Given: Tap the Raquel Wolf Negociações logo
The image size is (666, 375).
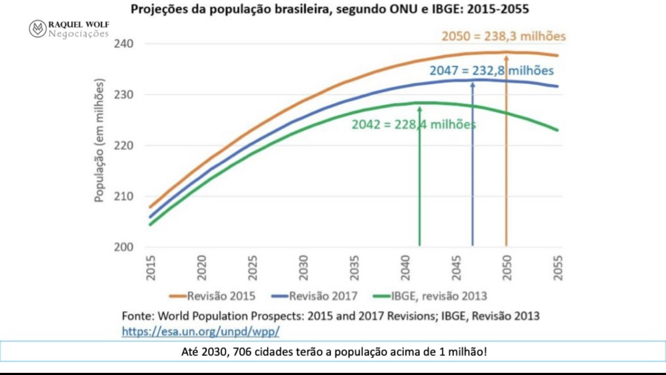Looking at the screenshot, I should pos(69,29).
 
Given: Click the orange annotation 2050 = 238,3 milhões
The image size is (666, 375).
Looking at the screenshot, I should pos(504,37).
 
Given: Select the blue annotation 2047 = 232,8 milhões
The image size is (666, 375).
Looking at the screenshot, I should pos(491,70).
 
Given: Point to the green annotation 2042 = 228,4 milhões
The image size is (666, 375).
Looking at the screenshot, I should pos(413,124).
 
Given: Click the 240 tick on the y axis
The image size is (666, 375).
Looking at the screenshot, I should pos(124,44).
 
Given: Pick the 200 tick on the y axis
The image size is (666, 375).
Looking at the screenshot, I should pos(124,247).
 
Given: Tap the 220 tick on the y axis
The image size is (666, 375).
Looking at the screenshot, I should pos(124,146).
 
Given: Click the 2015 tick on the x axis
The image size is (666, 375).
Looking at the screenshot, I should pos(151,268).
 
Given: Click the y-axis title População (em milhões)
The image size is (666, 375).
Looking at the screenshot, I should pos(99,141).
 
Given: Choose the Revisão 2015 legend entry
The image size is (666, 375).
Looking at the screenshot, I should pos(212,296).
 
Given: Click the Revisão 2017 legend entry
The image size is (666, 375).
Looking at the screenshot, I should pos(314,296).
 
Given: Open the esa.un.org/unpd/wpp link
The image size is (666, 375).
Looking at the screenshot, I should pos(201,331).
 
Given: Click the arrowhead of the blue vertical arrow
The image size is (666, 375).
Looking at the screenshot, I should pos(472,84).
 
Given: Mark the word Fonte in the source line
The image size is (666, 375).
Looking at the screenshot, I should pos(137,316).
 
